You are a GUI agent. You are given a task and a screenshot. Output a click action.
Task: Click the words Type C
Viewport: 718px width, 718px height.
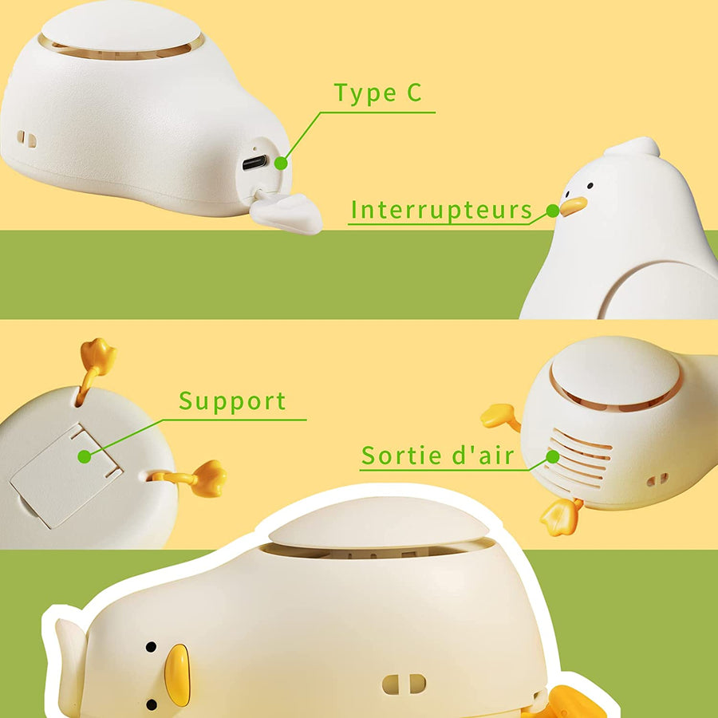click(378, 93)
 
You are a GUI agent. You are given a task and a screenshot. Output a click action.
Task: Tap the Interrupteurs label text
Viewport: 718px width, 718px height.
click(441, 210)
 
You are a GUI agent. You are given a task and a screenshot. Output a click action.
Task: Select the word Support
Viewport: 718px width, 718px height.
click(232, 401)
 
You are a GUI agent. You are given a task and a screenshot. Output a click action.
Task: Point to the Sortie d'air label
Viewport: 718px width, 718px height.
click(437, 456)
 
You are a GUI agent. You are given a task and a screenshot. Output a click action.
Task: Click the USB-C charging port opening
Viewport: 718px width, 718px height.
click(255, 162)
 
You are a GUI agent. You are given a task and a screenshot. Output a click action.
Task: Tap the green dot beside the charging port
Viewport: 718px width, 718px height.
click(281, 163)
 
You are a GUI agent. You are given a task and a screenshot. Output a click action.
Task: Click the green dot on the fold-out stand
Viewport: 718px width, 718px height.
click(85, 456)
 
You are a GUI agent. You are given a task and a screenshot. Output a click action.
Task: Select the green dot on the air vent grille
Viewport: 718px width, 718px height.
click(553, 456)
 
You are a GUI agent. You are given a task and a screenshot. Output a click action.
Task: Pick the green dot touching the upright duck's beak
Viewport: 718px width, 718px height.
click(553, 211)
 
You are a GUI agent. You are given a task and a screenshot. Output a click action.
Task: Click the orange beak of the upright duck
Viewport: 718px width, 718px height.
click(573, 206)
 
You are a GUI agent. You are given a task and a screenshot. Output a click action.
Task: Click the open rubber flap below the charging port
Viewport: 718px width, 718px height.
click(286, 211)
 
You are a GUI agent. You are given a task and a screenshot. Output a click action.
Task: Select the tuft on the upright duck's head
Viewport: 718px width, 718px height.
click(634, 148)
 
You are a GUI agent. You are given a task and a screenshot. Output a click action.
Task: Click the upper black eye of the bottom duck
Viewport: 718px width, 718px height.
click(151, 647)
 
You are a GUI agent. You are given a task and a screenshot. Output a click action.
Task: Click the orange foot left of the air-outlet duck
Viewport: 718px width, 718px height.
click(500, 416)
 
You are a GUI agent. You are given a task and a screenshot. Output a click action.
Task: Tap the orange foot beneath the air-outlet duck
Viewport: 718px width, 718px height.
click(561, 516)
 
